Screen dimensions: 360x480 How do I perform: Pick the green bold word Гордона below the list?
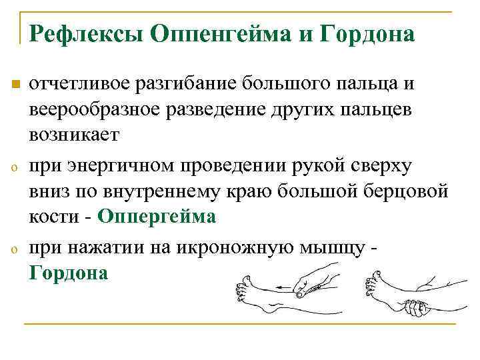68,273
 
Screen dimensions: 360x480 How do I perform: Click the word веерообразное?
89,109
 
